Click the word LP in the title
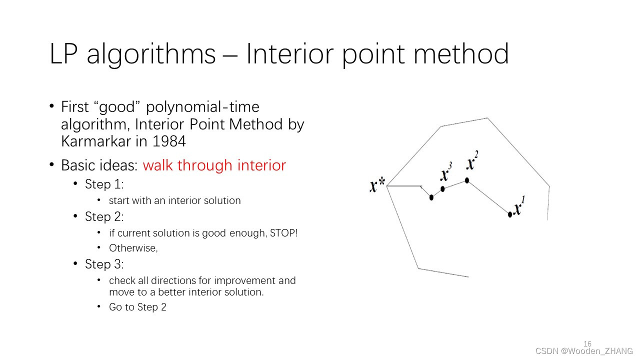click(63, 53)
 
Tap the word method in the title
click(461, 53)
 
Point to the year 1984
click(169, 141)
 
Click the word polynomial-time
click(202, 107)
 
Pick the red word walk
click(157, 165)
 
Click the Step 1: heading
click(104, 184)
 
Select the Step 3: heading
click(104, 264)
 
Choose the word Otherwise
click(133, 248)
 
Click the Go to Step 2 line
click(137, 307)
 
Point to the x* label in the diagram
click(377, 184)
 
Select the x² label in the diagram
click(472, 160)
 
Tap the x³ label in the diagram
click(446, 171)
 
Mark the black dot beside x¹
click(510, 214)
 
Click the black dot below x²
click(467, 180)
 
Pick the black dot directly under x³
click(442, 189)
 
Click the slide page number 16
click(587, 343)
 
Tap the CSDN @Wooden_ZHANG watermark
click(584, 351)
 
